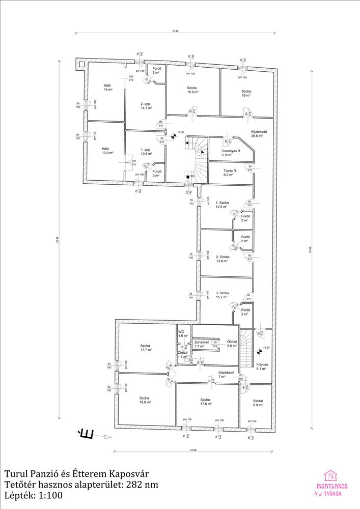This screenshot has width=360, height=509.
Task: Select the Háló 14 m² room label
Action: tap(107, 87)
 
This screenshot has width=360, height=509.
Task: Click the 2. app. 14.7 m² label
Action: tap(147, 105)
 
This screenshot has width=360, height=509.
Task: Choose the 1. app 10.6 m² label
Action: tap(146, 152)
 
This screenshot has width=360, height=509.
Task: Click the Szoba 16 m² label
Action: tap(246, 93)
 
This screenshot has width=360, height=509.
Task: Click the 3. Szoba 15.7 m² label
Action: tap(223, 296)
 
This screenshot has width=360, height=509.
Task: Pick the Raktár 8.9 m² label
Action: tap(258, 404)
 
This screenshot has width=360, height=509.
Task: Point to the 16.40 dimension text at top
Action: tap(175, 32)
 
